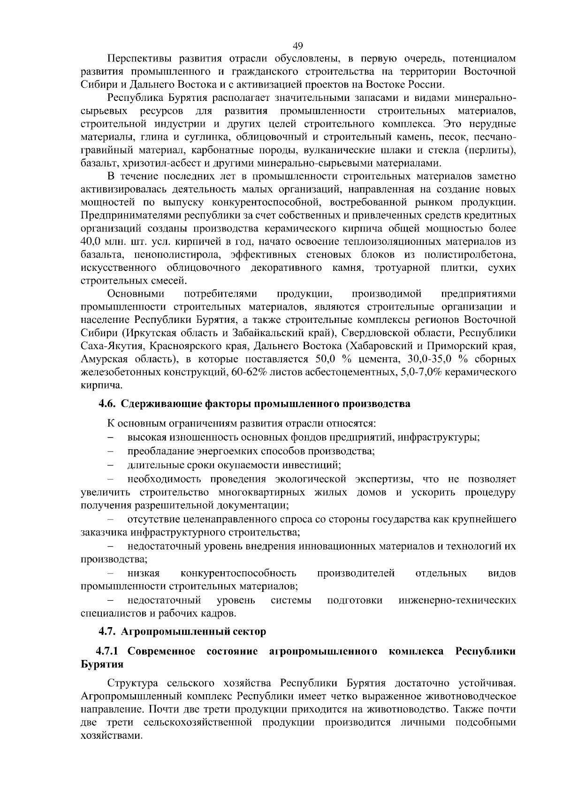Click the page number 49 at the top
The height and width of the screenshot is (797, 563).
click(297, 46)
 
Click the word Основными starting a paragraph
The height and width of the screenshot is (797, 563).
click(136, 294)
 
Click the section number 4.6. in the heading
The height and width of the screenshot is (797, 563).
click(107, 404)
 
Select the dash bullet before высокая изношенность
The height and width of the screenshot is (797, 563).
click(111, 438)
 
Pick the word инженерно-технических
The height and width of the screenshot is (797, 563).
click(457, 600)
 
